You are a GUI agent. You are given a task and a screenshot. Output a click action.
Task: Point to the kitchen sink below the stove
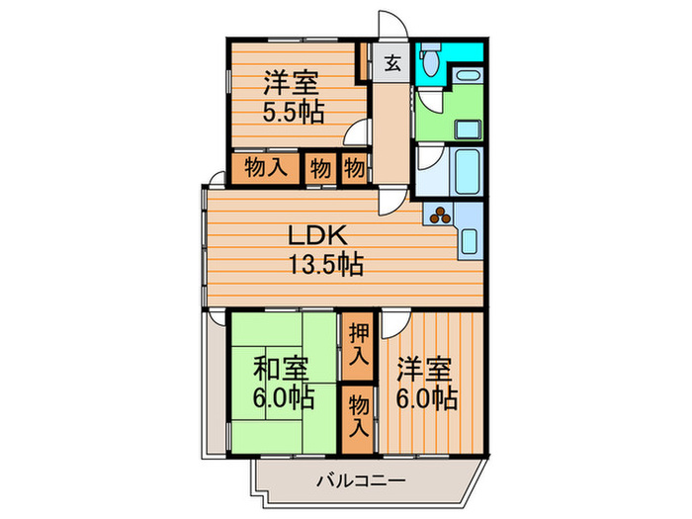tap(471, 240)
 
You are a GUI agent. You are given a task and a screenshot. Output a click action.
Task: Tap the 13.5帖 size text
tap(325, 264)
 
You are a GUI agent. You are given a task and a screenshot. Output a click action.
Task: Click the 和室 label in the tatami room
tap(281, 370)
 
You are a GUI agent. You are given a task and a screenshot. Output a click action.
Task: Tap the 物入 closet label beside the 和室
tap(358, 414)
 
